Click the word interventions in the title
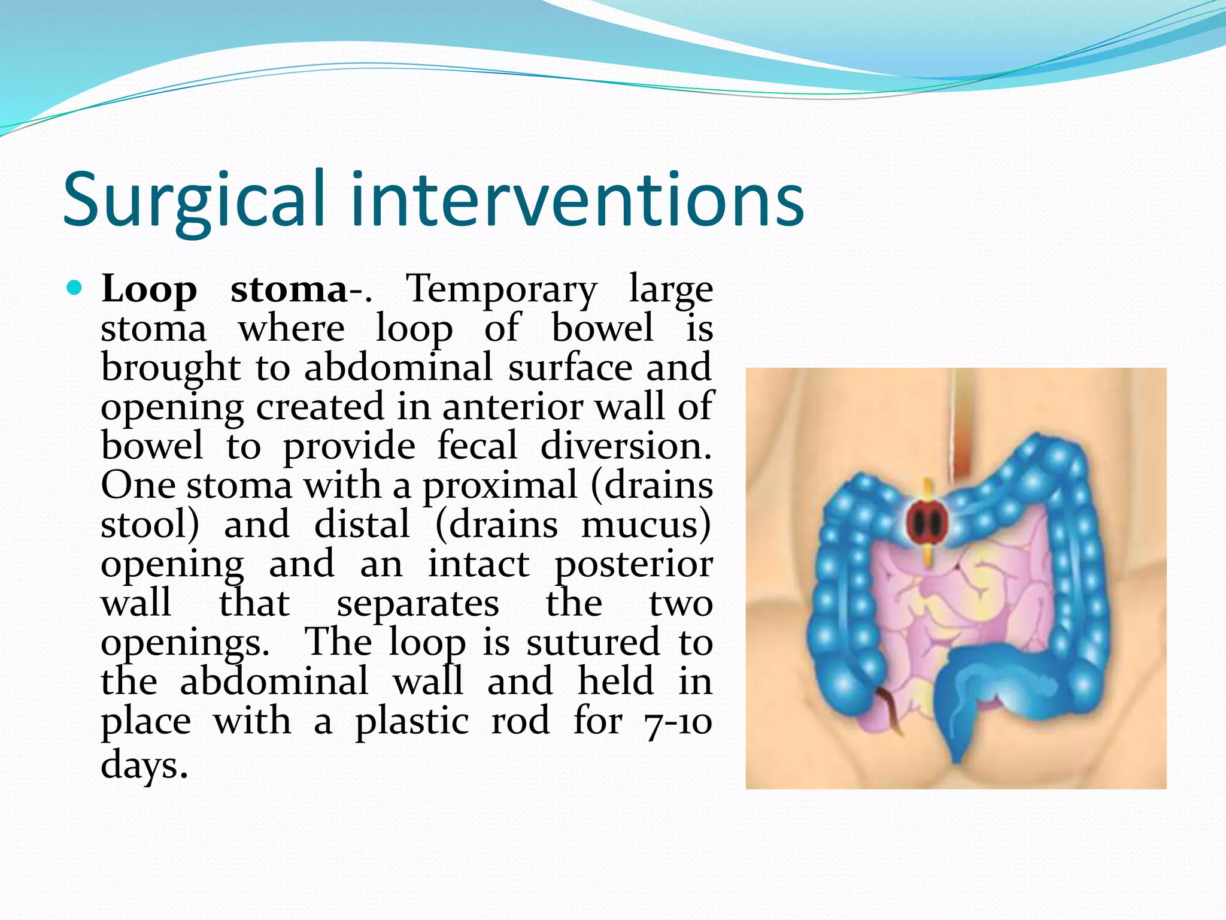577,201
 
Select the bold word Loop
149,290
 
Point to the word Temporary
502,290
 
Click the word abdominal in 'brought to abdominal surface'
398,368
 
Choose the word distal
362,525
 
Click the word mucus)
646,525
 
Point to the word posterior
633,565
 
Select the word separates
417,604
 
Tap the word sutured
593,643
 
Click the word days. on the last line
144,765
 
